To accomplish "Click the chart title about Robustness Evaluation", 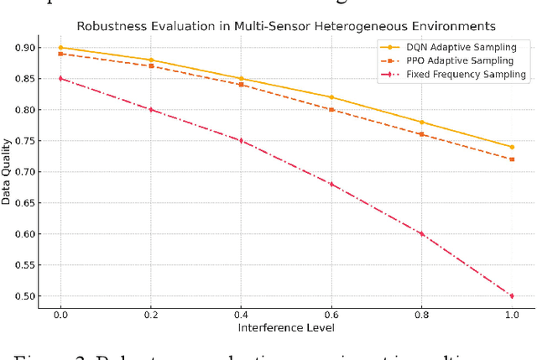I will click(286, 26).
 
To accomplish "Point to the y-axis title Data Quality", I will click(7, 172).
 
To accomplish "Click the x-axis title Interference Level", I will click(286, 326).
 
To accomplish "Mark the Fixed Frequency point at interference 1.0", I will click(511, 296).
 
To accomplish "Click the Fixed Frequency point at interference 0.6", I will click(331, 184).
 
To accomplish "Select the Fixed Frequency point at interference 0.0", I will click(60, 79).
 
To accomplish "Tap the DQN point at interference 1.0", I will click(511, 147).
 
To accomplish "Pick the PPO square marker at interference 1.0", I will click(511, 159).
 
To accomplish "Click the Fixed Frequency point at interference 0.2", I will click(150, 110).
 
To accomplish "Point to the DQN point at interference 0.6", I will click(331, 97).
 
